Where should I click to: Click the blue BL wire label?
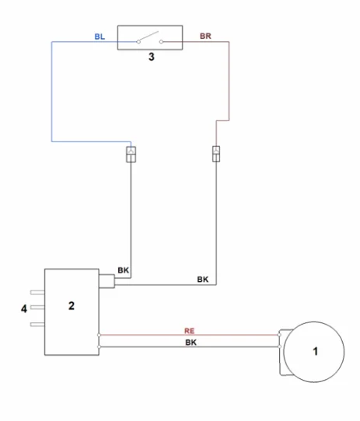tap(100, 37)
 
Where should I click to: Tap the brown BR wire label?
tap(205, 36)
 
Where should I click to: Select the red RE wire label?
tap(189, 331)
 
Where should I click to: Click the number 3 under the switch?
tap(152, 57)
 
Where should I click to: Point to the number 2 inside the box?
tap(72, 306)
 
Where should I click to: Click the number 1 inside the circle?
tap(316, 351)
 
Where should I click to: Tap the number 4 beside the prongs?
tap(24, 309)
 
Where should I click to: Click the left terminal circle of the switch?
tap(138, 42)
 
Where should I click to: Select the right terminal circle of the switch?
tap(161, 42)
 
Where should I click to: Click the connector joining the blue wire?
tap(131, 155)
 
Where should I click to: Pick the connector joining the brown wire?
tap(216, 154)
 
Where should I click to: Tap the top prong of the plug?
tap(37, 292)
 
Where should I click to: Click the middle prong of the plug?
tap(37, 307)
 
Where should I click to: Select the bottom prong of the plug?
tap(37, 325)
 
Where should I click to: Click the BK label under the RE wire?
tap(191, 343)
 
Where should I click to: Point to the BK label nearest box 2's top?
tap(123, 270)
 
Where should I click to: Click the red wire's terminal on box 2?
tap(99, 335)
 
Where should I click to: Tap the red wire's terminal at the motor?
tap(279, 335)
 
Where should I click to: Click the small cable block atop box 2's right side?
tap(107, 281)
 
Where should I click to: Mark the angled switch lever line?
tap(149, 37)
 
